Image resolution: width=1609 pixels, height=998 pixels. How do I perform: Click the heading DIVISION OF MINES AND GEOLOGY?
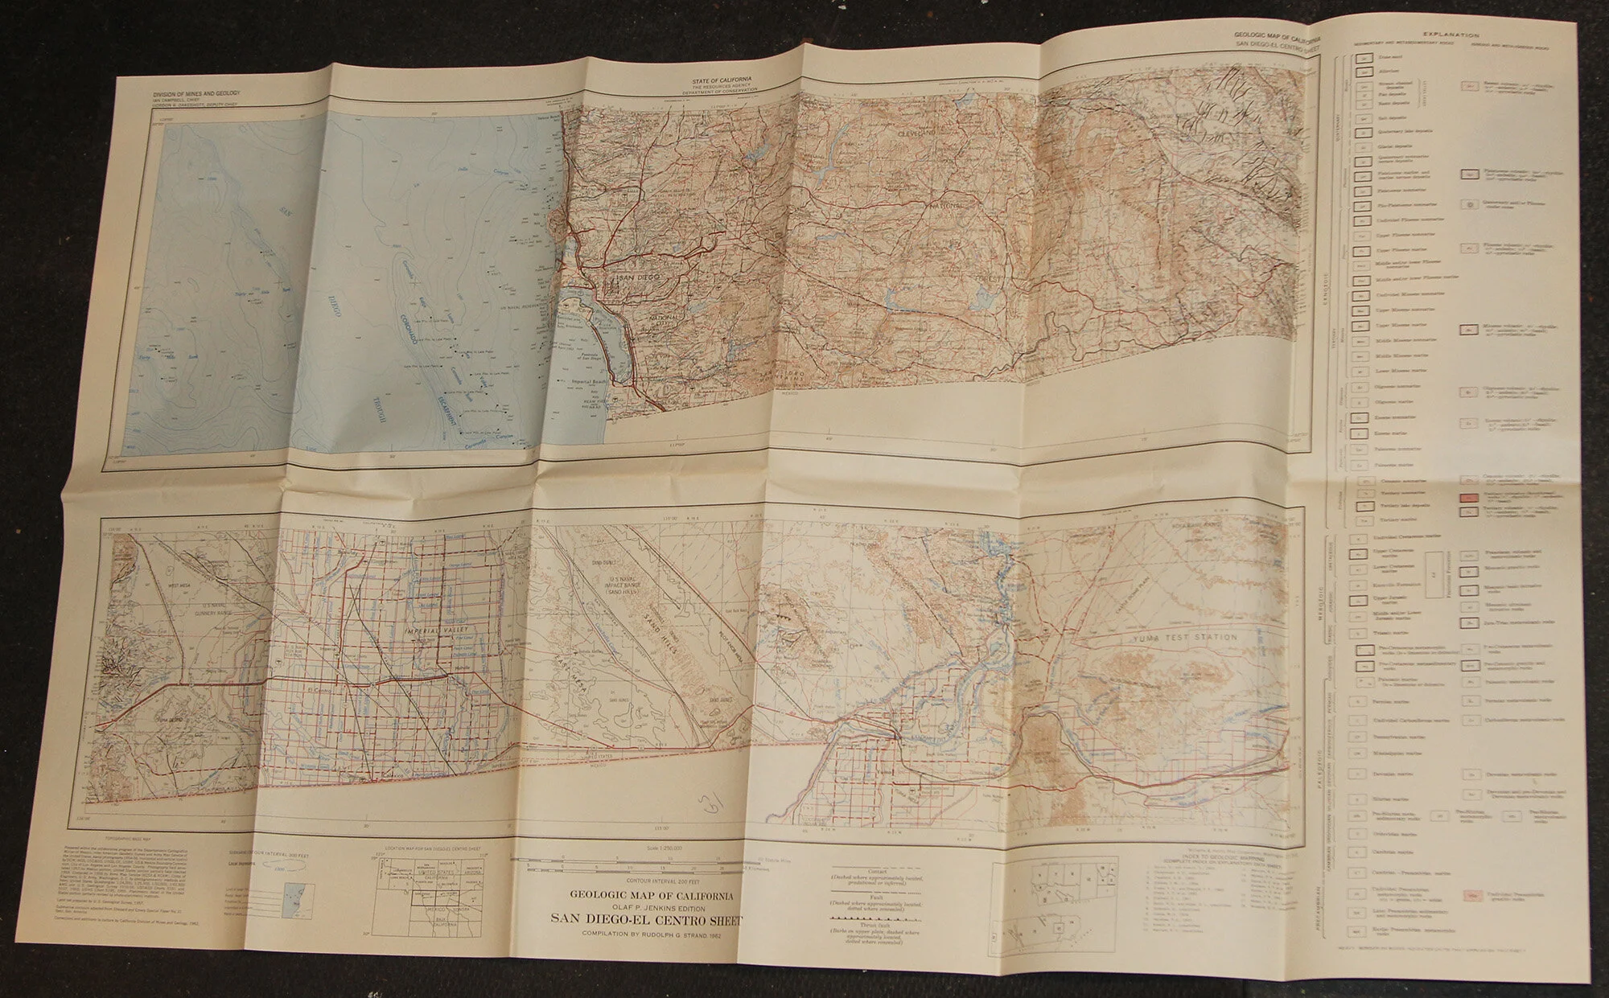(x=197, y=95)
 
